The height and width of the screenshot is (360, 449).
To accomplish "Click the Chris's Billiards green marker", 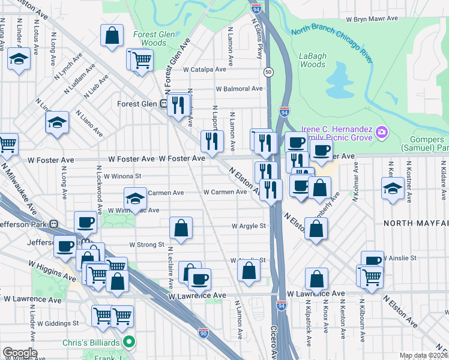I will pos(127,342).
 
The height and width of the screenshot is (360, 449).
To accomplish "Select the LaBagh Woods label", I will pos(312,60).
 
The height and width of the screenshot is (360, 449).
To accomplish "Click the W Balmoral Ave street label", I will pos(239,89).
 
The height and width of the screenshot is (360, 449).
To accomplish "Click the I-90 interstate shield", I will pos(203,331).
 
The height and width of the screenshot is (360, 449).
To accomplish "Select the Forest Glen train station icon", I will pos(163,103).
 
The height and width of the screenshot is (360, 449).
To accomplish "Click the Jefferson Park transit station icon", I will pos(53,224).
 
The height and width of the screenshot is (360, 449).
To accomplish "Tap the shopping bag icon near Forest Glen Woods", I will pos(112,35).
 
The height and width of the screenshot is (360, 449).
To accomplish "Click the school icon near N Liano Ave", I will pos(57,122).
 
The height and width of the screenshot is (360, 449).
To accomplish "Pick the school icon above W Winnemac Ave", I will pos(135,198).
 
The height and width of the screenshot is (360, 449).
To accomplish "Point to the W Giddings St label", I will pos(58,323).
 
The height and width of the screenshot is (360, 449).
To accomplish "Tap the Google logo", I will pos(20,353).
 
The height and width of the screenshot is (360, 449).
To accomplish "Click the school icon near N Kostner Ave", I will pos(393,188).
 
